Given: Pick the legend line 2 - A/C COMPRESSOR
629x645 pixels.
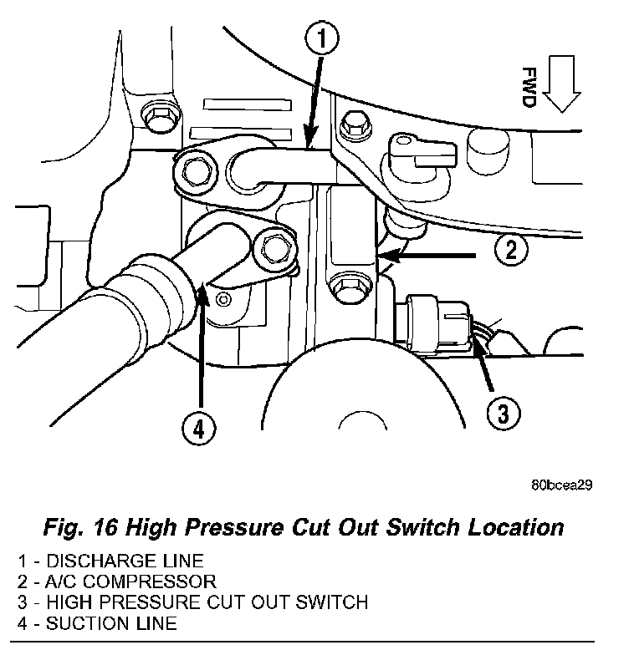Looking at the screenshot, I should (x=117, y=581).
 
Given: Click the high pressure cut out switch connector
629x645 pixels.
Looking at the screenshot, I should (x=435, y=323).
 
